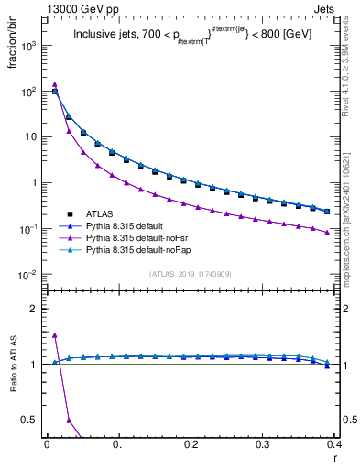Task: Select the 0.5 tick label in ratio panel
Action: coord(30,420)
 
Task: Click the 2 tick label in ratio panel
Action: coord(35,309)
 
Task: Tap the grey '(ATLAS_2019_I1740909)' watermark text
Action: coord(190,275)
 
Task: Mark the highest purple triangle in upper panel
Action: coord(55,84)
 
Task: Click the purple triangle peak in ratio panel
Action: coord(55,335)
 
